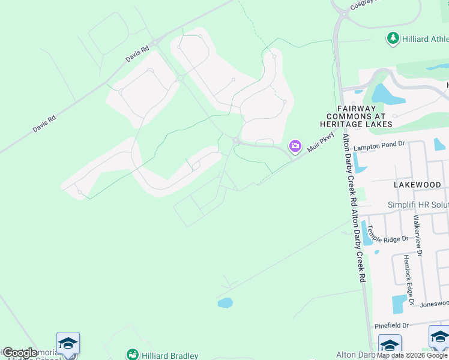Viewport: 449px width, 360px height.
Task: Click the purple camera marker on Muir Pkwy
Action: tap(295, 146)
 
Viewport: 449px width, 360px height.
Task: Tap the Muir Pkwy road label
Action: tap(321, 145)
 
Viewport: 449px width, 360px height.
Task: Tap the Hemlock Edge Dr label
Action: tap(408, 271)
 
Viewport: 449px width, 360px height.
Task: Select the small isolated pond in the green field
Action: tap(224, 303)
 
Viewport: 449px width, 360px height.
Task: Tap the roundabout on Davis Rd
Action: tap(155, 42)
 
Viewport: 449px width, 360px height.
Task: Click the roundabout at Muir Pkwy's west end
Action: tap(237, 142)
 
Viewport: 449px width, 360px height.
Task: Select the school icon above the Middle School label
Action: tap(68, 343)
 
